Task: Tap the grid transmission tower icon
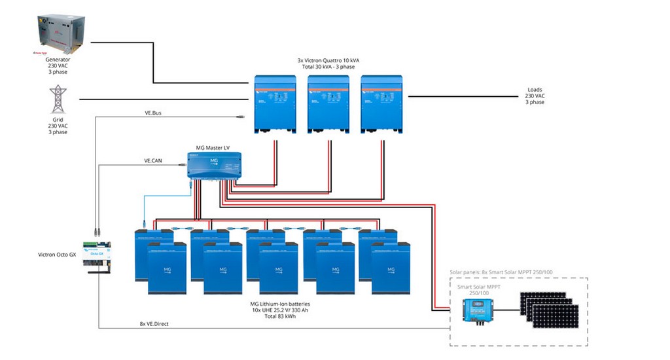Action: point(58,99)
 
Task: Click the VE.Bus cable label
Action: point(152,113)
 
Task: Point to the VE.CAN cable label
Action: point(153,160)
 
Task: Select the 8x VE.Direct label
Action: point(154,323)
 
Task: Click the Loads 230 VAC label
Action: point(535,96)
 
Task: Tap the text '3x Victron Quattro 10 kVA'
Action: point(328,60)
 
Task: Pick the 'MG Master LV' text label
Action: point(213,147)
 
